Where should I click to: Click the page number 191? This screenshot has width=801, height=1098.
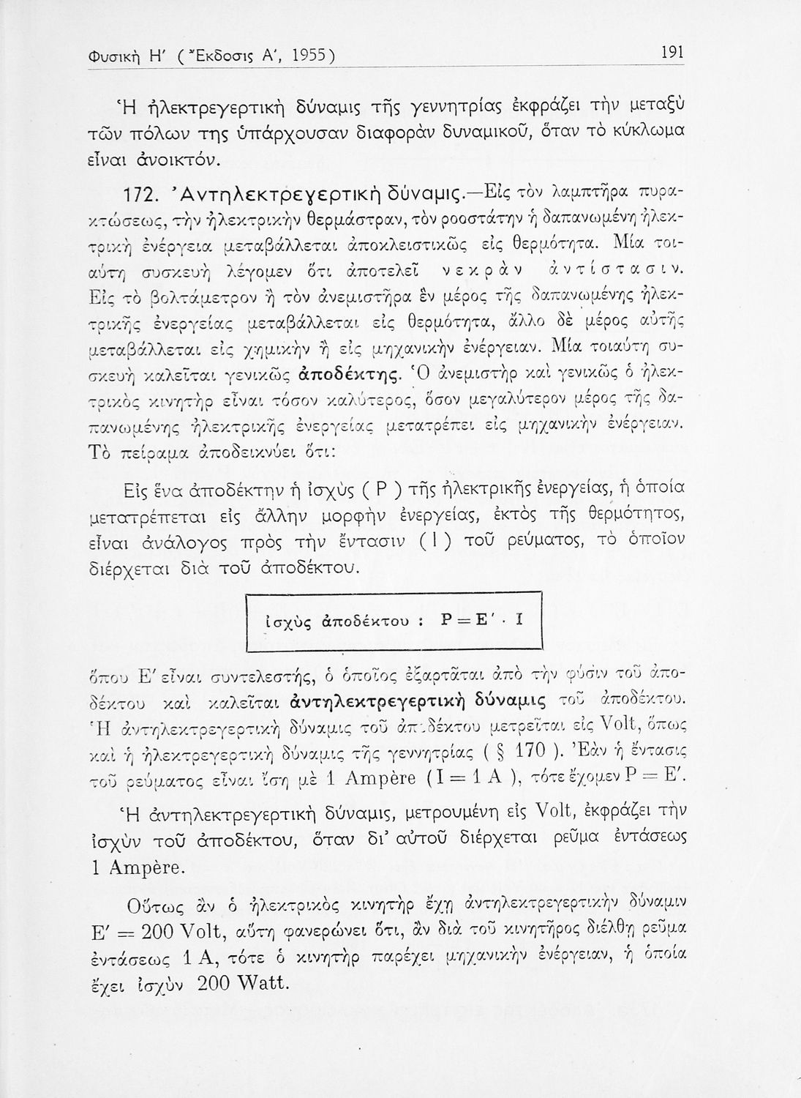click(x=672, y=52)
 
